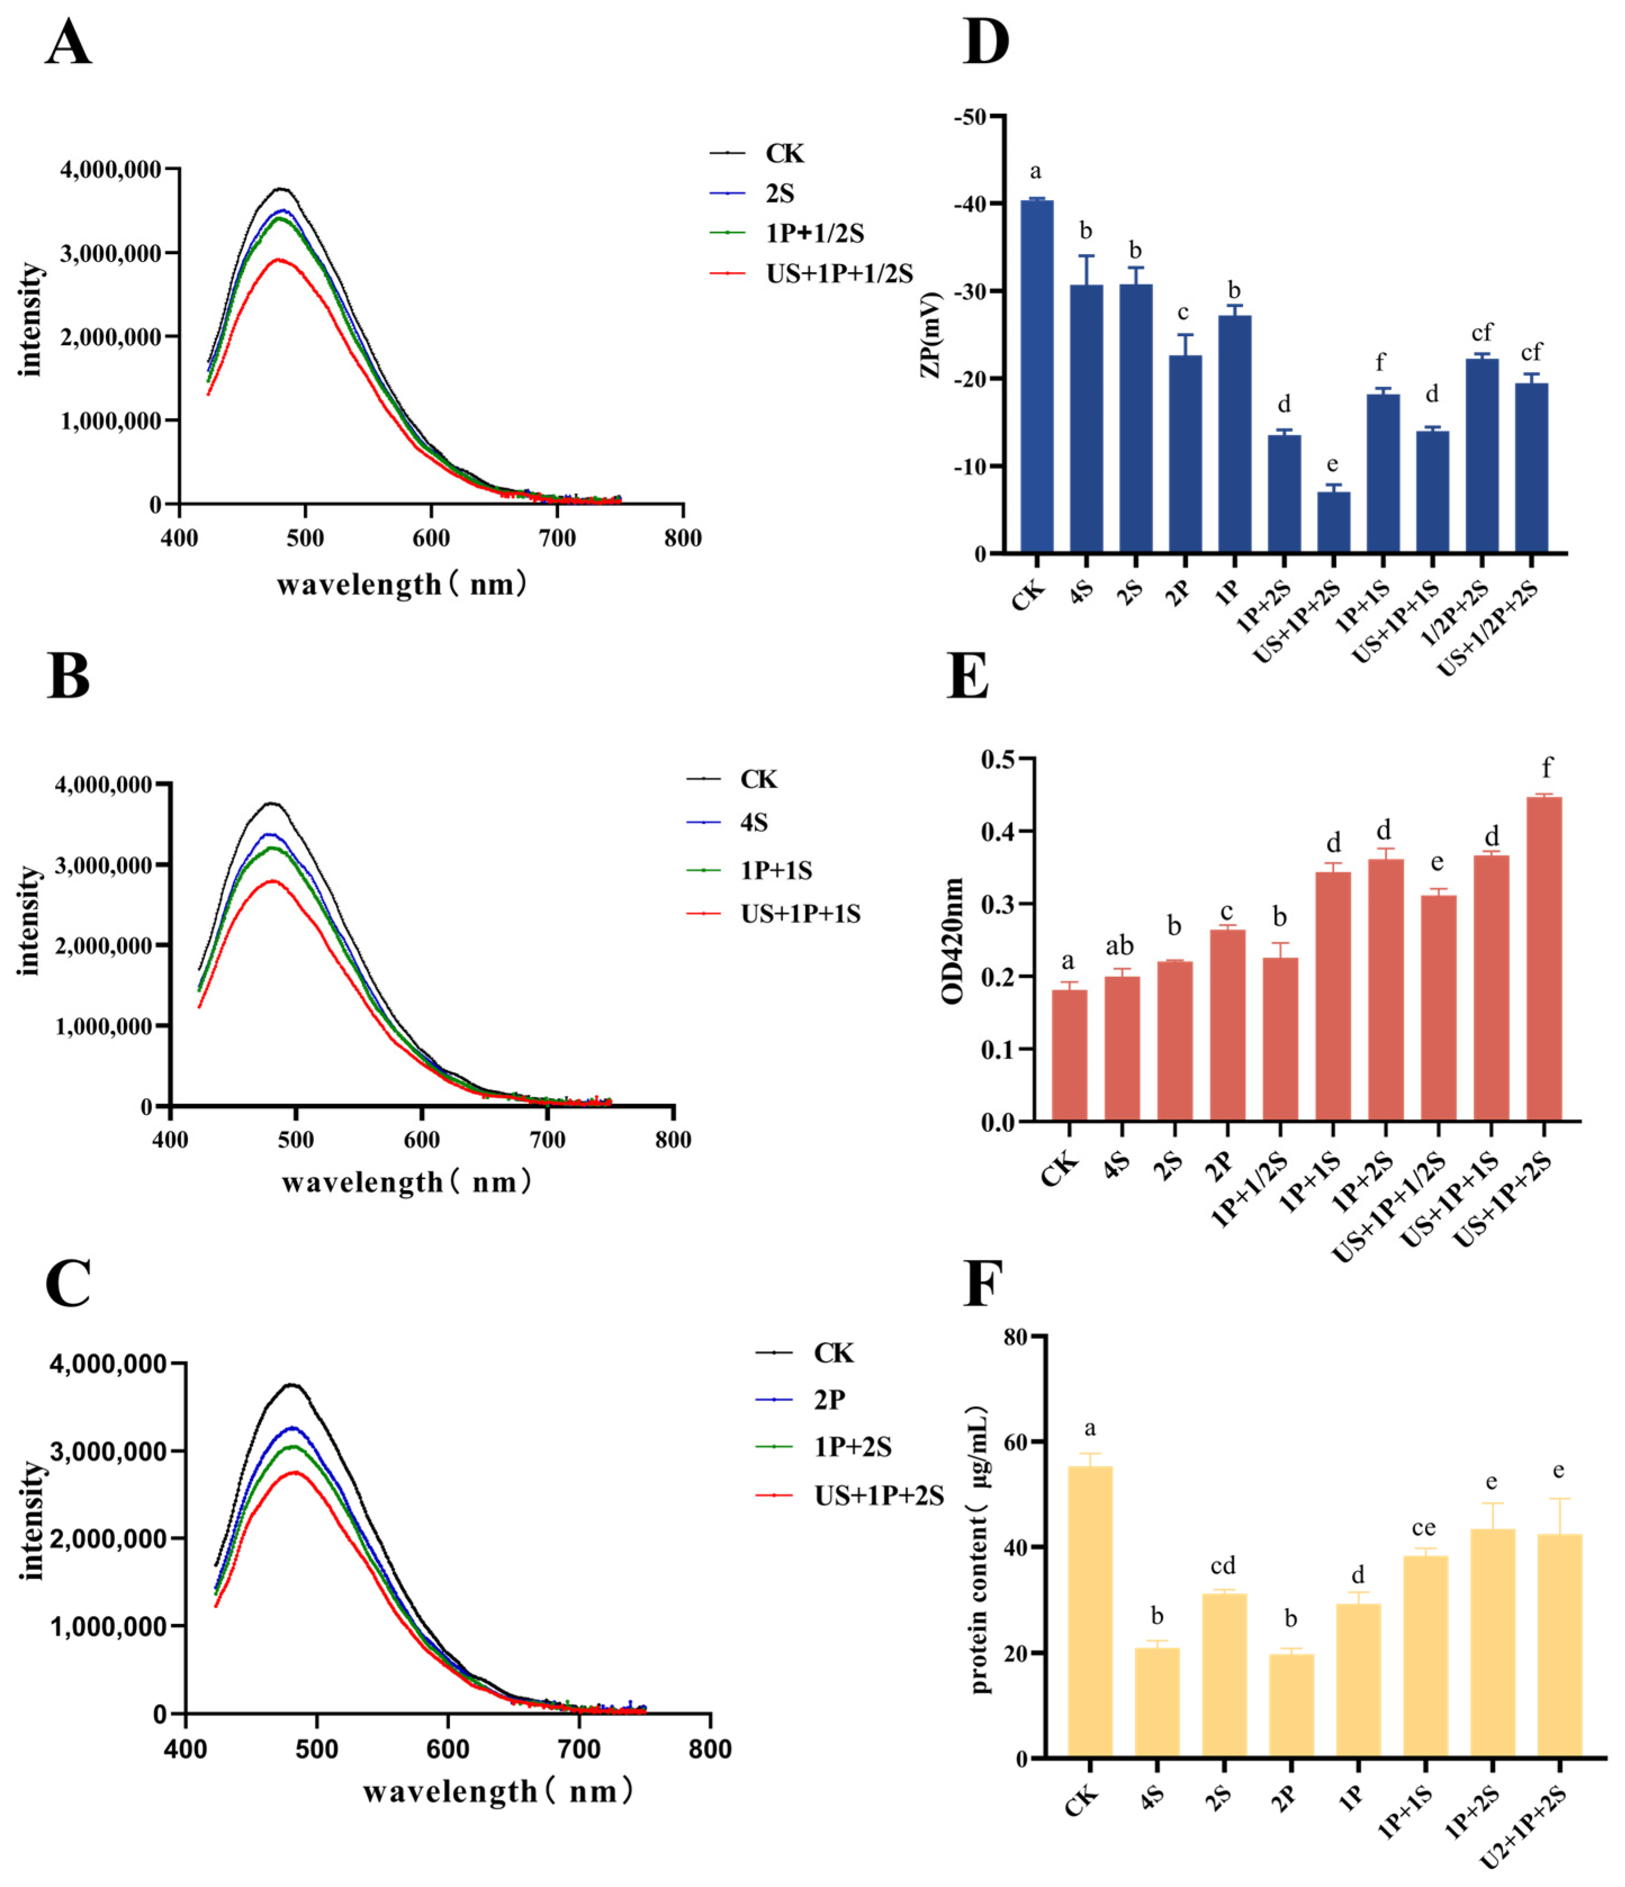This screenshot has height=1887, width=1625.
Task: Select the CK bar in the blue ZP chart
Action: coord(1037,376)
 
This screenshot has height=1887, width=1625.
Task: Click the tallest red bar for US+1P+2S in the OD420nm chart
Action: coord(1544,958)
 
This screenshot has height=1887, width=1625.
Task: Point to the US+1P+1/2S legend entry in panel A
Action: coord(811,273)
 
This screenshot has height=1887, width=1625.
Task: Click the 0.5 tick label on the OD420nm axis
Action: coord(1000,759)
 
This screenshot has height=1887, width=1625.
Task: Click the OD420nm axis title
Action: coord(953,941)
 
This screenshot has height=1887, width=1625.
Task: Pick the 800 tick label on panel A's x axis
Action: coord(682,538)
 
